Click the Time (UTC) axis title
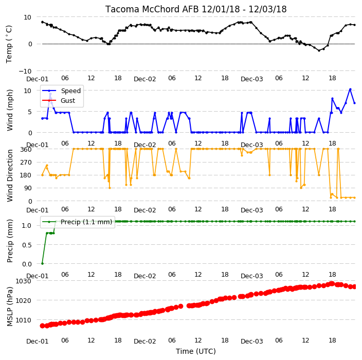coord(196,351)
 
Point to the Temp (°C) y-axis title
coord(9,44)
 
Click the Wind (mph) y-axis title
coord(10,111)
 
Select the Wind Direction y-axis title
coord(10,176)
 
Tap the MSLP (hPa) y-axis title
coord(10,307)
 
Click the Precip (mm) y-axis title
coord(10,241)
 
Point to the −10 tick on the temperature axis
coord(25,71)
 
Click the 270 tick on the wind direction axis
coord(26,163)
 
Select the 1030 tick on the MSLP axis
coord(23,281)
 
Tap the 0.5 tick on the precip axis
coord(27,245)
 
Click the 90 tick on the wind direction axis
coord(28,188)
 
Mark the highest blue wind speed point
coord(350,89)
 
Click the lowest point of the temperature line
coord(319,50)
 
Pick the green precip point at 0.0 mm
coord(42,263)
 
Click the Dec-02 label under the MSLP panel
coord(145,341)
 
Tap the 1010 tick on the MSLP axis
coord(23,320)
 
